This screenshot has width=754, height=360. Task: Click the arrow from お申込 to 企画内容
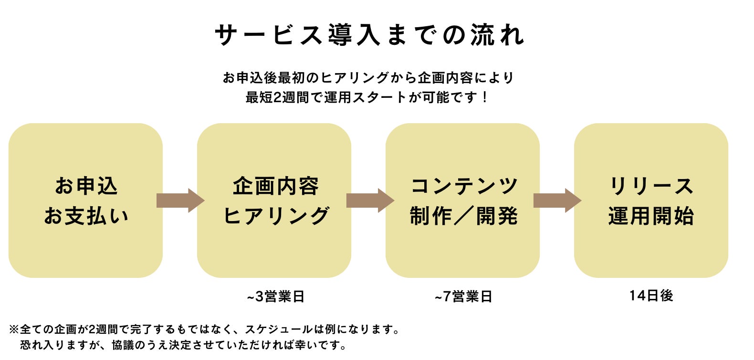180,201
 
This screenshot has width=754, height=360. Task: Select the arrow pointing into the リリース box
557,201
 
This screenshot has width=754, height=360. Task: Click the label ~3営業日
276,296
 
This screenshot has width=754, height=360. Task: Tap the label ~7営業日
463,296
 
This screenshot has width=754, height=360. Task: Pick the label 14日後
651,296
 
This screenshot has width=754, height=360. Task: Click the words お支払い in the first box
86,216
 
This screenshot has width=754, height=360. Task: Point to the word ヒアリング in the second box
276,216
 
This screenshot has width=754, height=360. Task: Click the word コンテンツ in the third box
464,186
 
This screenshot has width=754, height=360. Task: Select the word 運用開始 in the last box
651,216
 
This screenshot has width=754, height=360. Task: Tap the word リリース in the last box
651,186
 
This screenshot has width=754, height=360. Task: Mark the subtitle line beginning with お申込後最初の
368,77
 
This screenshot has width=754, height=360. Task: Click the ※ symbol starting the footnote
14,329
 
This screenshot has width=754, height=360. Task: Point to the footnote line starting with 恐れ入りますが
184,345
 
